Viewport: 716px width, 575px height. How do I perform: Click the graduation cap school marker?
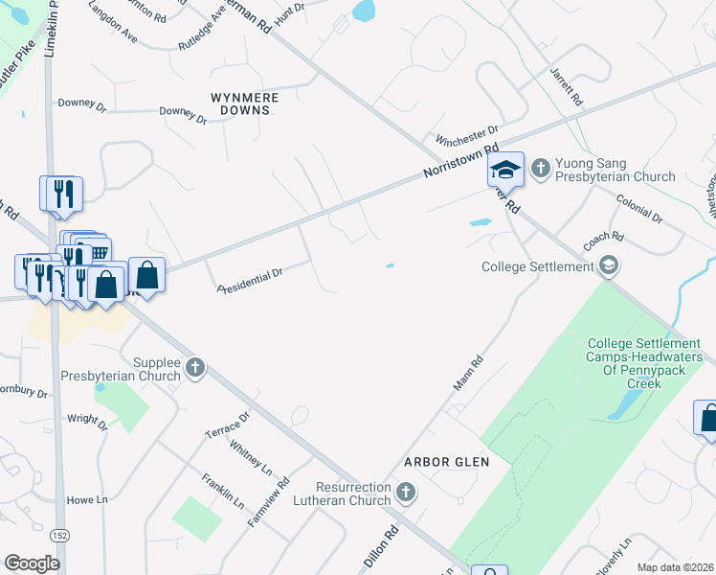(x=504, y=171)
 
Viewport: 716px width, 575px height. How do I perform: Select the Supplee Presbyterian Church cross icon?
(x=195, y=367)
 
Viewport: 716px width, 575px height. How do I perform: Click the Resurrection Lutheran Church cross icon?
(x=406, y=493)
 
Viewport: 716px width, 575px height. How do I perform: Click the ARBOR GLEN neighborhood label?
(x=446, y=462)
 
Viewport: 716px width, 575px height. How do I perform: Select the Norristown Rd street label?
(x=462, y=161)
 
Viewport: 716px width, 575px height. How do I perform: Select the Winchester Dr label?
(x=467, y=134)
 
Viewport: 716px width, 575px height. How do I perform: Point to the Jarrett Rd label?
(x=566, y=87)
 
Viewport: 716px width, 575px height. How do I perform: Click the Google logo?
(x=32, y=563)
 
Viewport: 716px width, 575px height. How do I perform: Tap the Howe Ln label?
(x=87, y=500)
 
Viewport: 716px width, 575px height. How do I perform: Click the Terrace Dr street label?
(x=227, y=426)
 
